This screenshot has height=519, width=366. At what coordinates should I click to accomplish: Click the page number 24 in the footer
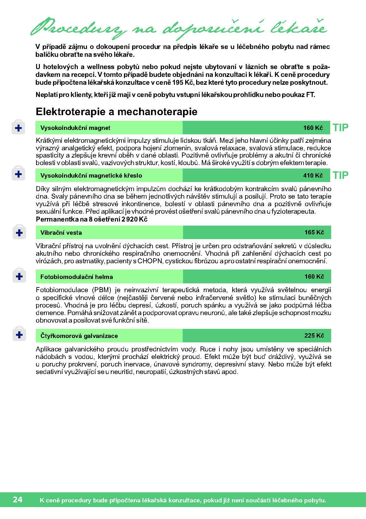[x=18, y=500]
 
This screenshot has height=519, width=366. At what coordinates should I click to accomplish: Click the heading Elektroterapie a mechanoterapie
[x=116, y=112]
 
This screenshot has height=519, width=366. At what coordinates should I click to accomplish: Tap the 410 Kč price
[x=313, y=175]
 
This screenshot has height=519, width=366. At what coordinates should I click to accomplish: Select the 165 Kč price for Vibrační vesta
[x=314, y=233]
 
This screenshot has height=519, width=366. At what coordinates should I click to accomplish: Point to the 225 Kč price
[x=314, y=336]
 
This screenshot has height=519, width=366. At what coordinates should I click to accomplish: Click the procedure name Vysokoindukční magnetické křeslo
[x=91, y=176]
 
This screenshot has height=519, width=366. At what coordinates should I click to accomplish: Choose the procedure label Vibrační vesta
[x=61, y=233]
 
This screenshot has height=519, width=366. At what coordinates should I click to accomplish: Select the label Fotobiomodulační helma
[x=77, y=277]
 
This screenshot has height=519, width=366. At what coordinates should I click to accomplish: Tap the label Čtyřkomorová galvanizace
[x=79, y=336]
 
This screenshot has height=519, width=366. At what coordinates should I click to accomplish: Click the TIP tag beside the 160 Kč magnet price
[x=341, y=128]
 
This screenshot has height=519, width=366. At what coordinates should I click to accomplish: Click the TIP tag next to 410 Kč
[x=341, y=175]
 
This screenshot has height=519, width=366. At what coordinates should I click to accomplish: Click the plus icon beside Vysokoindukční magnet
[x=19, y=128]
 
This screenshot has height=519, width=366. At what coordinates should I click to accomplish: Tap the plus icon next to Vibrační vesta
[x=19, y=233]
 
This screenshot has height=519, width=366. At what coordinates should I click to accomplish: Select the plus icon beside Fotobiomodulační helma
[x=19, y=277]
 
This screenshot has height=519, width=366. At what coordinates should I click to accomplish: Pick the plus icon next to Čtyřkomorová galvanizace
[x=19, y=335]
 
